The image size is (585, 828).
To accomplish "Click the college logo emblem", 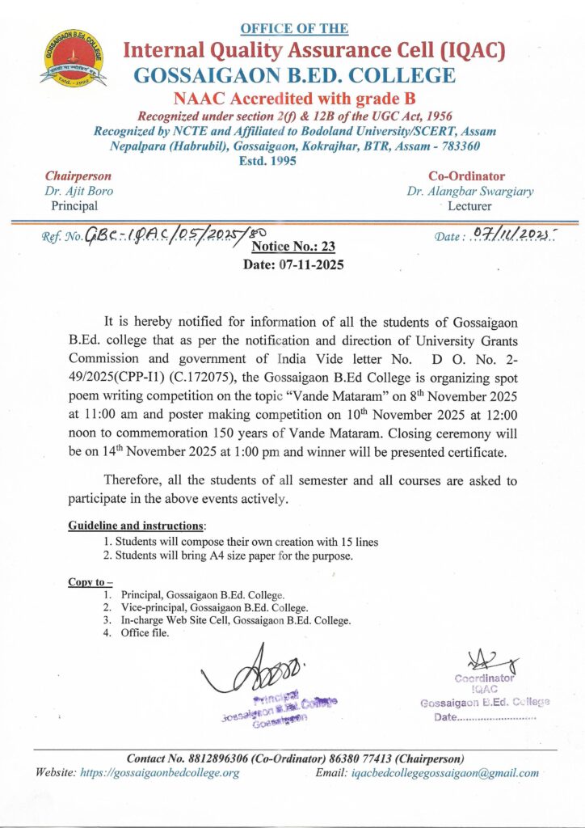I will [x=74, y=55].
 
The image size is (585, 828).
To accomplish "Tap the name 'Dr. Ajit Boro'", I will [x=79, y=192].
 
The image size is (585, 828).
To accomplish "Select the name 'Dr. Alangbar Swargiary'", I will [x=470, y=192].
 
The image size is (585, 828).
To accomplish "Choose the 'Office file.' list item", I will [x=145, y=633].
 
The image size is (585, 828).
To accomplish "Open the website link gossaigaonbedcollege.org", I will [x=161, y=773].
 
